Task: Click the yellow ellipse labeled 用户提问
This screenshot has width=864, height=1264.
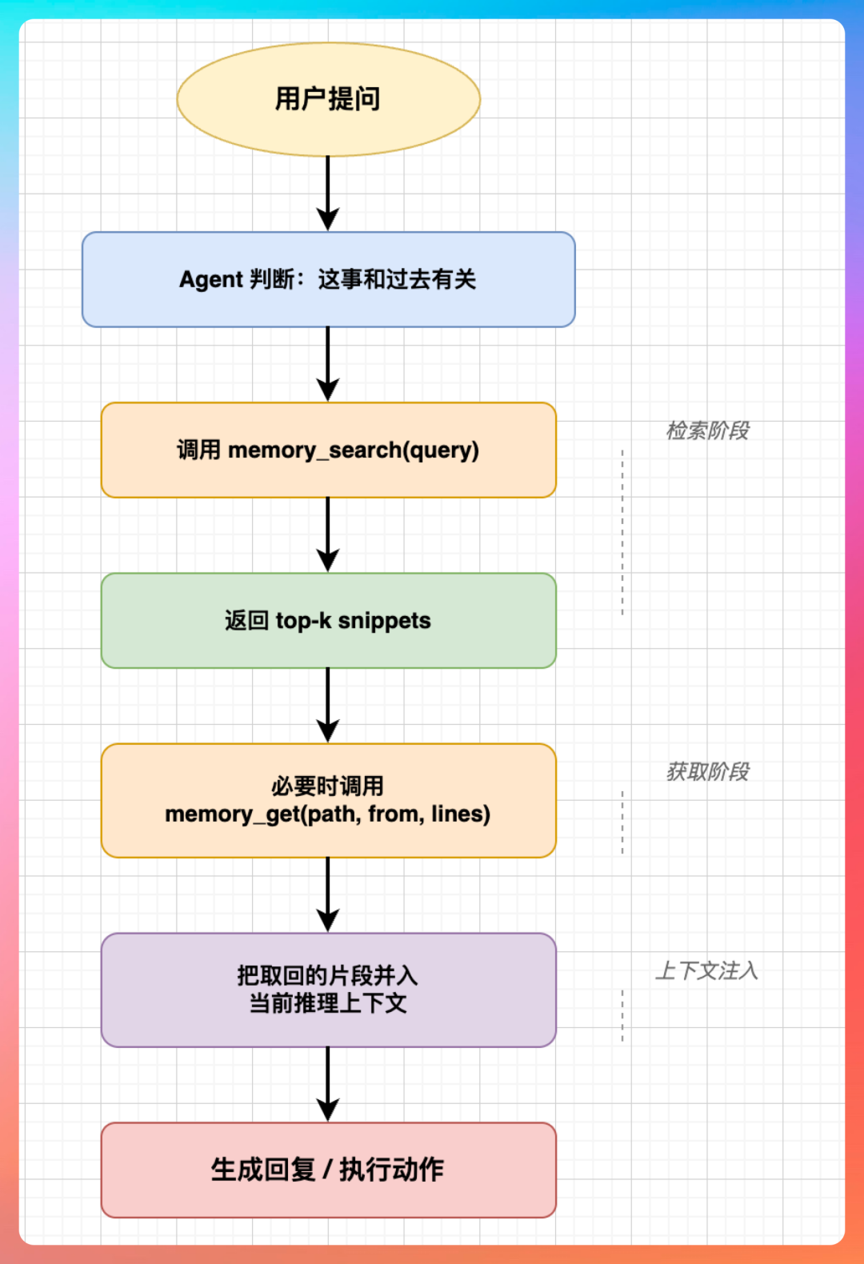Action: click(x=328, y=99)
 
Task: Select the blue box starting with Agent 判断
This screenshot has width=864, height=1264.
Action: click(x=328, y=279)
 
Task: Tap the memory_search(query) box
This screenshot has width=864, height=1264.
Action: click(x=328, y=450)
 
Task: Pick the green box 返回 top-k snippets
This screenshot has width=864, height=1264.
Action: click(x=328, y=621)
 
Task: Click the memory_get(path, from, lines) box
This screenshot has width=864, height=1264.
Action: click(x=328, y=800)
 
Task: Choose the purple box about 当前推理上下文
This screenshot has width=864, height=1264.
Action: click(x=328, y=990)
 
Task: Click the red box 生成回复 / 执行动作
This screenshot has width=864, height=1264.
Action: click(x=328, y=1170)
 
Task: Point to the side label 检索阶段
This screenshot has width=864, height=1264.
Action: click(x=707, y=430)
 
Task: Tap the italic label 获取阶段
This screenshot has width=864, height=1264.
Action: click(x=707, y=771)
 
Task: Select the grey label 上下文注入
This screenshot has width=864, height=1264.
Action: click(x=706, y=970)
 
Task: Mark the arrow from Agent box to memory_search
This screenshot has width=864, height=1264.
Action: click(x=328, y=364)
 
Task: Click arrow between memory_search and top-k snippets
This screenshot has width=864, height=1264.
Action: click(x=328, y=534)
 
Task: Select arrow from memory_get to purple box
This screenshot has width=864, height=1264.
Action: click(x=328, y=894)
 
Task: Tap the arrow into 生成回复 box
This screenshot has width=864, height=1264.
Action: click(x=328, y=1084)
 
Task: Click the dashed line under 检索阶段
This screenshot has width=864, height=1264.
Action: click(x=622, y=532)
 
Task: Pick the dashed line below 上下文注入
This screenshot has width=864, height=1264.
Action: click(x=622, y=1015)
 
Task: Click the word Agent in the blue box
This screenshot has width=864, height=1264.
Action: click(x=210, y=279)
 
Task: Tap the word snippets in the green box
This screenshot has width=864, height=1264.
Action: click(x=384, y=621)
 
